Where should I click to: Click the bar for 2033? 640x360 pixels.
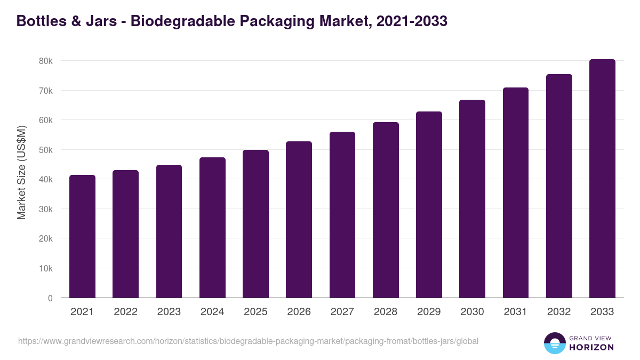[x=602, y=179]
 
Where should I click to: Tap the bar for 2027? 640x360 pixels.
[x=342, y=215]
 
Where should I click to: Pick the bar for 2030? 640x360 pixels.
[x=472, y=199]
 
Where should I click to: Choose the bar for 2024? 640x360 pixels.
[x=212, y=228]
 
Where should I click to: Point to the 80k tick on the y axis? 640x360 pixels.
[x=46, y=61]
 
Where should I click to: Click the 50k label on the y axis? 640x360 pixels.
[x=46, y=150]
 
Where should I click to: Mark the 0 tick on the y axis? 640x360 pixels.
[x=50, y=298]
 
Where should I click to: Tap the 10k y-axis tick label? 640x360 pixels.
[x=46, y=268]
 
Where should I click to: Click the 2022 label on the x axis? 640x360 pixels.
[x=125, y=312]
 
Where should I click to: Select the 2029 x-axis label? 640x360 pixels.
[x=429, y=312]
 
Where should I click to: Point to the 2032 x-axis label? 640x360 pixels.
[x=559, y=312]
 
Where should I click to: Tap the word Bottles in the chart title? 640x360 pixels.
[x=39, y=21]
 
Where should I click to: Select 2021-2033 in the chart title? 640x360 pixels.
[x=411, y=21]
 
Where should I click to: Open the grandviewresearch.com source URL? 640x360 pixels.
[x=248, y=341]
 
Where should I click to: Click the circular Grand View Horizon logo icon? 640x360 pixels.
[x=554, y=343]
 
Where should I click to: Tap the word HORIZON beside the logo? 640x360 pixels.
[x=591, y=347]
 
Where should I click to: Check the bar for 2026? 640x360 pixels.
[x=299, y=220]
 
